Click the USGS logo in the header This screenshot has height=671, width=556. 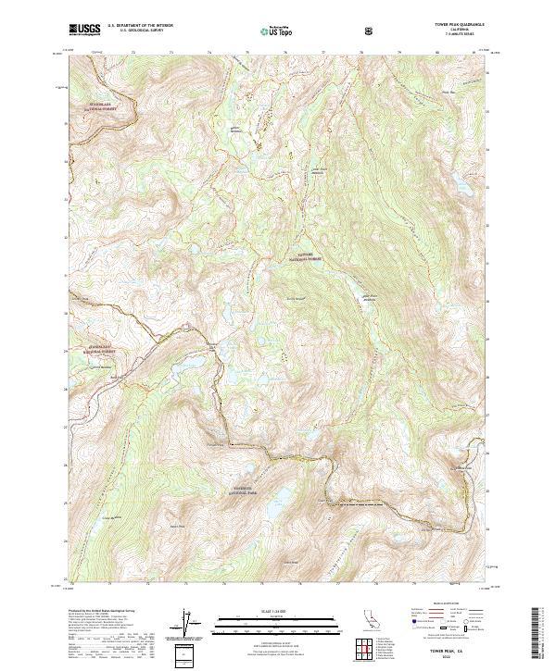[x=84, y=31]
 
